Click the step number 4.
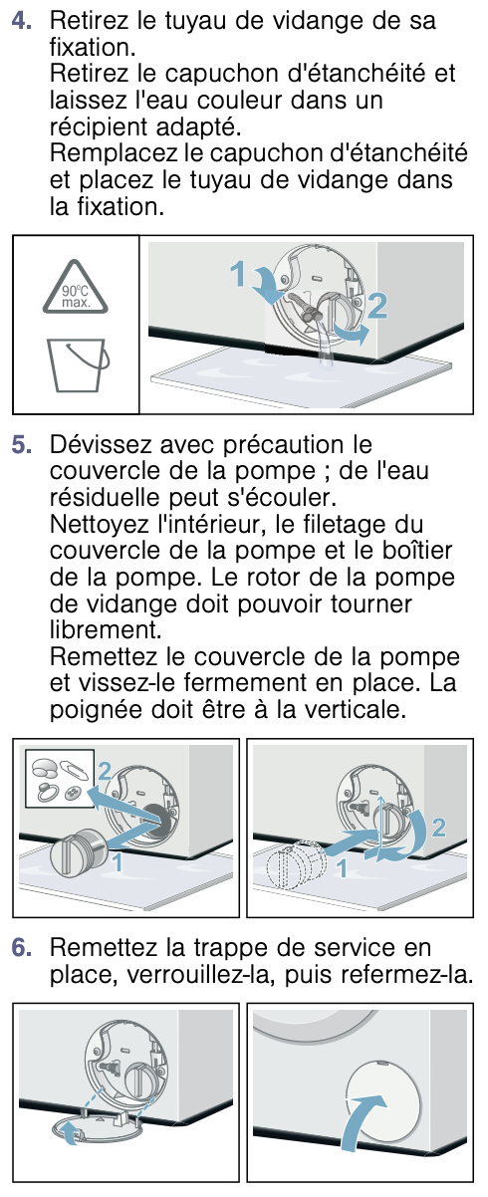[x=21, y=21]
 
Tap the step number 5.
[x=21, y=445]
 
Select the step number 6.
[x=21, y=948]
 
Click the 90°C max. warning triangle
[x=76, y=289]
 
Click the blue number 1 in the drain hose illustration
[x=237, y=274]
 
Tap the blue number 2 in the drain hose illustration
[x=377, y=306]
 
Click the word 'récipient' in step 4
[x=99, y=127]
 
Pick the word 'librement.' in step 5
[x=106, y=630]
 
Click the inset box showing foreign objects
[x=60, y=778]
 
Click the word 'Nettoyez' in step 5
[x=100, y=525]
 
